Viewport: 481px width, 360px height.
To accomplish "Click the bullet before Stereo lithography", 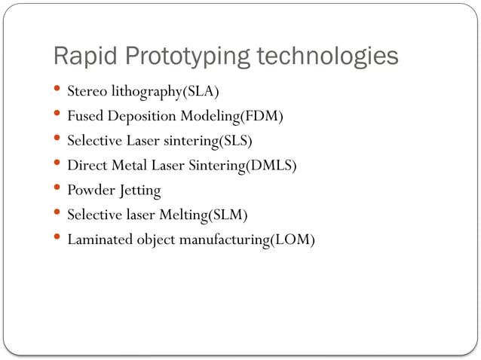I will (59, 90).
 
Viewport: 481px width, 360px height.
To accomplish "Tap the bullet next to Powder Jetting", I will (59, 189).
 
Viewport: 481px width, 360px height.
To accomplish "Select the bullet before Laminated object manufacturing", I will (59, 239).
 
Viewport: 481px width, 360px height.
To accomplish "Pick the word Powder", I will (89, 191).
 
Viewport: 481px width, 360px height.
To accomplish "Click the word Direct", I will (87, 166).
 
